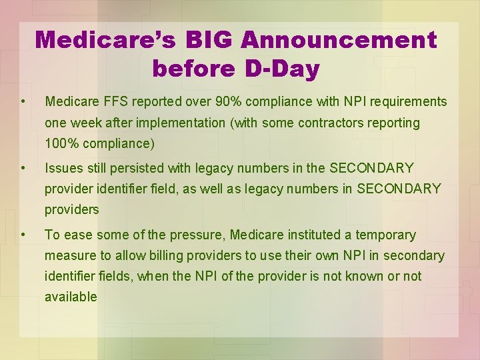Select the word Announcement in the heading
tap(339, 40)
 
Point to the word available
tap(71, 297)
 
